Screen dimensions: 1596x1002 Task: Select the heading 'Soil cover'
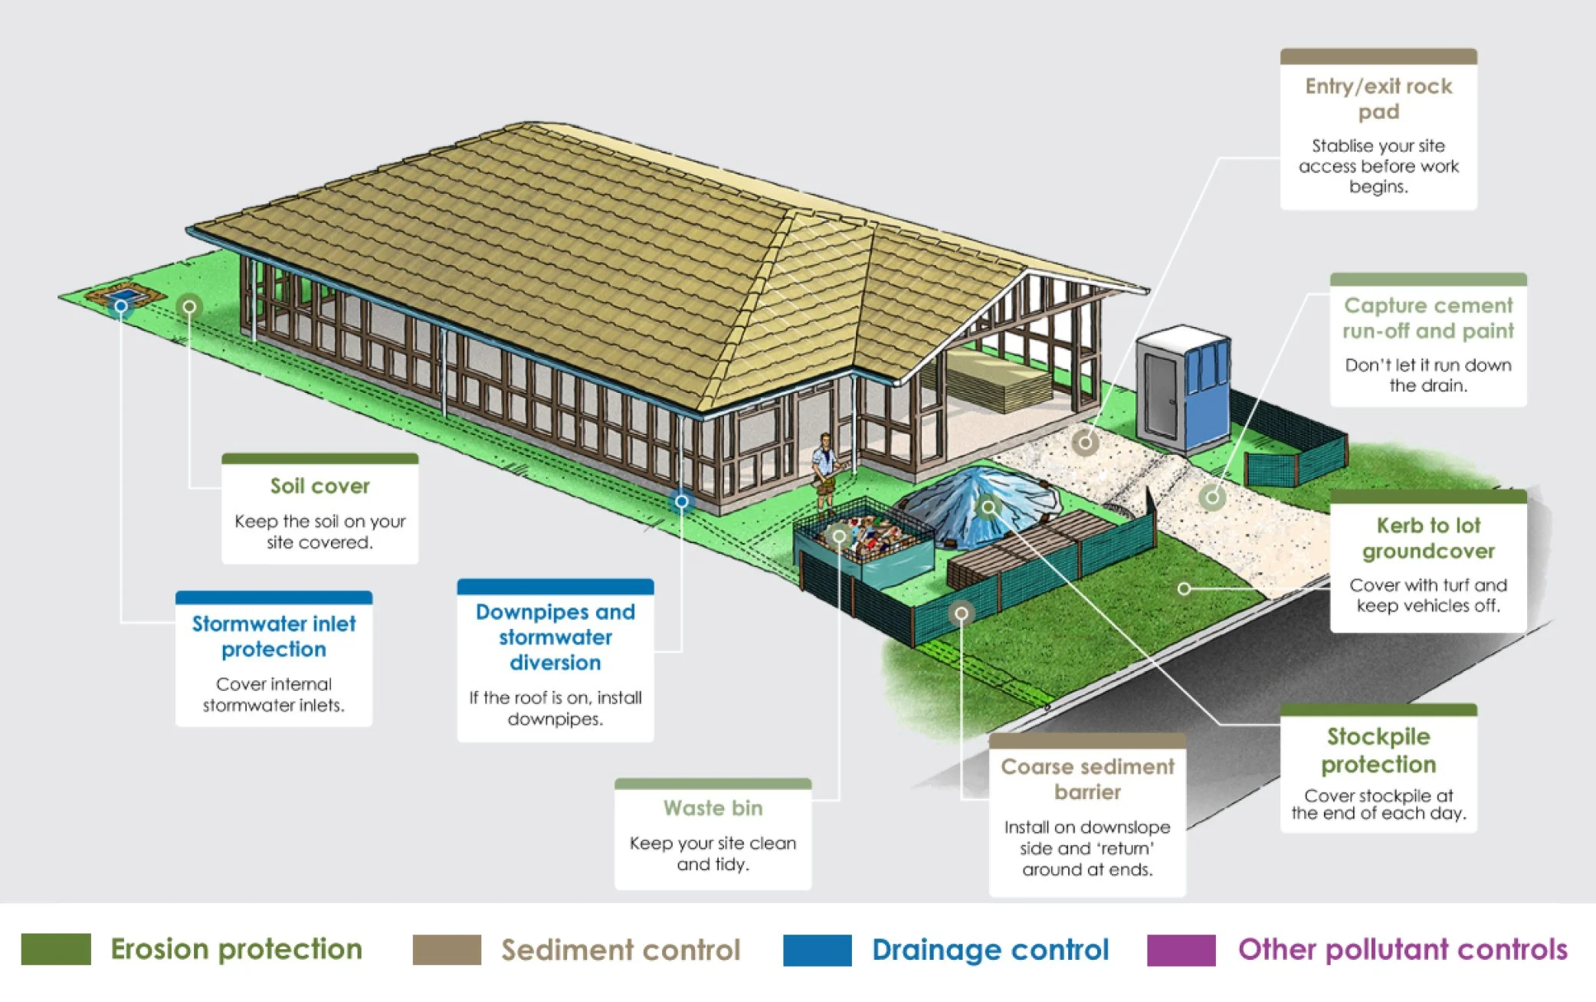[320, 486]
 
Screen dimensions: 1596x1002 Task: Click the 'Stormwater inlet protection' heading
[274, 636]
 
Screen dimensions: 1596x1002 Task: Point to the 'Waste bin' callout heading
[713, 807]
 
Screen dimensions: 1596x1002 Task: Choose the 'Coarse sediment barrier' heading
[1087, 779]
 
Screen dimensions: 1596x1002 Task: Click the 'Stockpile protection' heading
[1378, 750]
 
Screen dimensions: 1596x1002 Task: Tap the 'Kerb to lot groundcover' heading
[1428, 538]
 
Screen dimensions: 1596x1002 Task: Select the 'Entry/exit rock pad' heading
[1378, 98]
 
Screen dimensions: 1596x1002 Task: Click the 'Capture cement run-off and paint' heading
[1428, 318]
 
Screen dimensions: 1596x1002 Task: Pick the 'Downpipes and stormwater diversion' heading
[555, 637]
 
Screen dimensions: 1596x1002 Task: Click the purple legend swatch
[1181, 950]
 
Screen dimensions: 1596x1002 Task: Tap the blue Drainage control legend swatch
[817, 950]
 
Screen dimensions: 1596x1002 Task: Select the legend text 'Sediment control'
[621, 950]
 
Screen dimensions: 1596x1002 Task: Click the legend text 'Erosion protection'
[236, 949]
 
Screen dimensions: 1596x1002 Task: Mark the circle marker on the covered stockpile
[988, 506]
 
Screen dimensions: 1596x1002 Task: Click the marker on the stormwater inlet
[120, 306]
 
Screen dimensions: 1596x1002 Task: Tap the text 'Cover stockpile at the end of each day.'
[1378, 804]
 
